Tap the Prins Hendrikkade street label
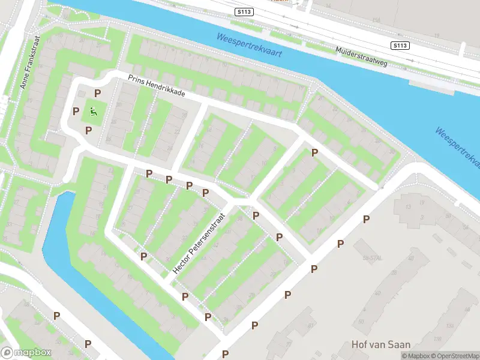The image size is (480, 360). point(156,86)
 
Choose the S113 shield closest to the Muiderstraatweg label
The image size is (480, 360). point(400,46)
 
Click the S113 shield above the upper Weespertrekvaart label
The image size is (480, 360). point(244,11)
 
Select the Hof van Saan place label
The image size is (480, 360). point(381,344)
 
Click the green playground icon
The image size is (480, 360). point(93,110)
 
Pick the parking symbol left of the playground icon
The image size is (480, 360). point(76,111)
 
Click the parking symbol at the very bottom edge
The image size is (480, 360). point(225,354)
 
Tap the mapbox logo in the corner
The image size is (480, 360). point(27,353)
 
